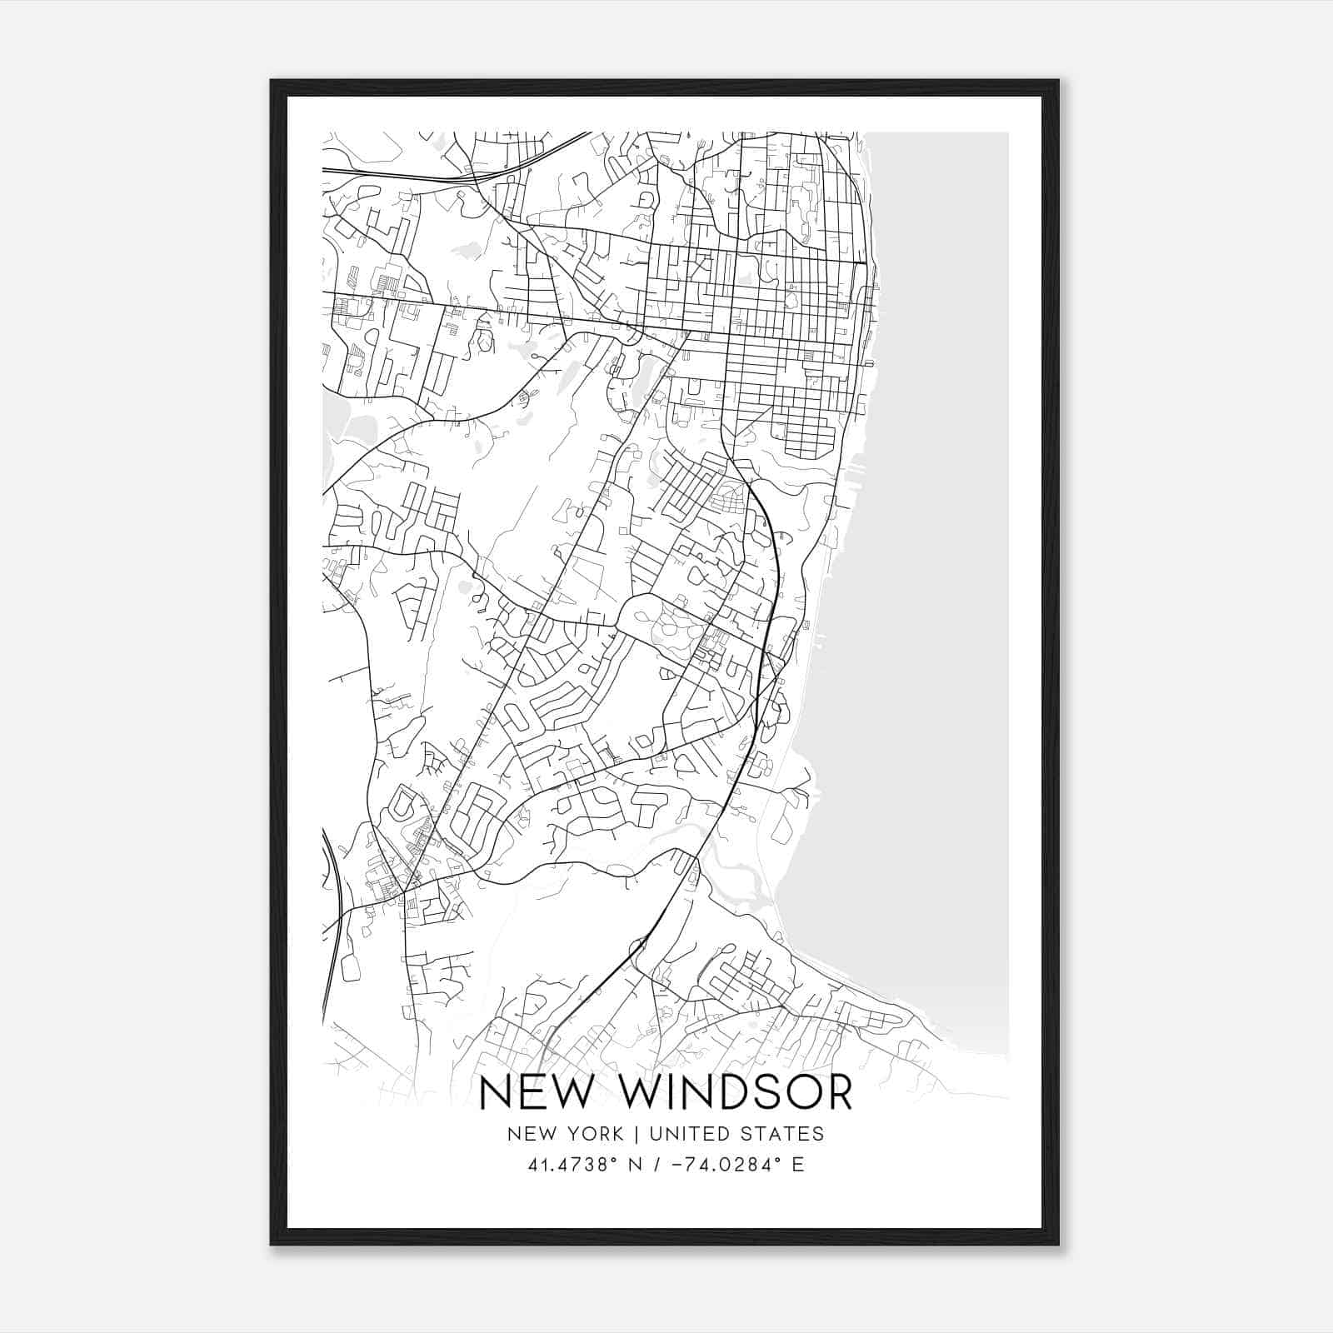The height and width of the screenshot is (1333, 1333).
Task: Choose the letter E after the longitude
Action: [798, 1165]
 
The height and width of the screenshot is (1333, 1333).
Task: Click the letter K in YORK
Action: [617, 1134]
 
